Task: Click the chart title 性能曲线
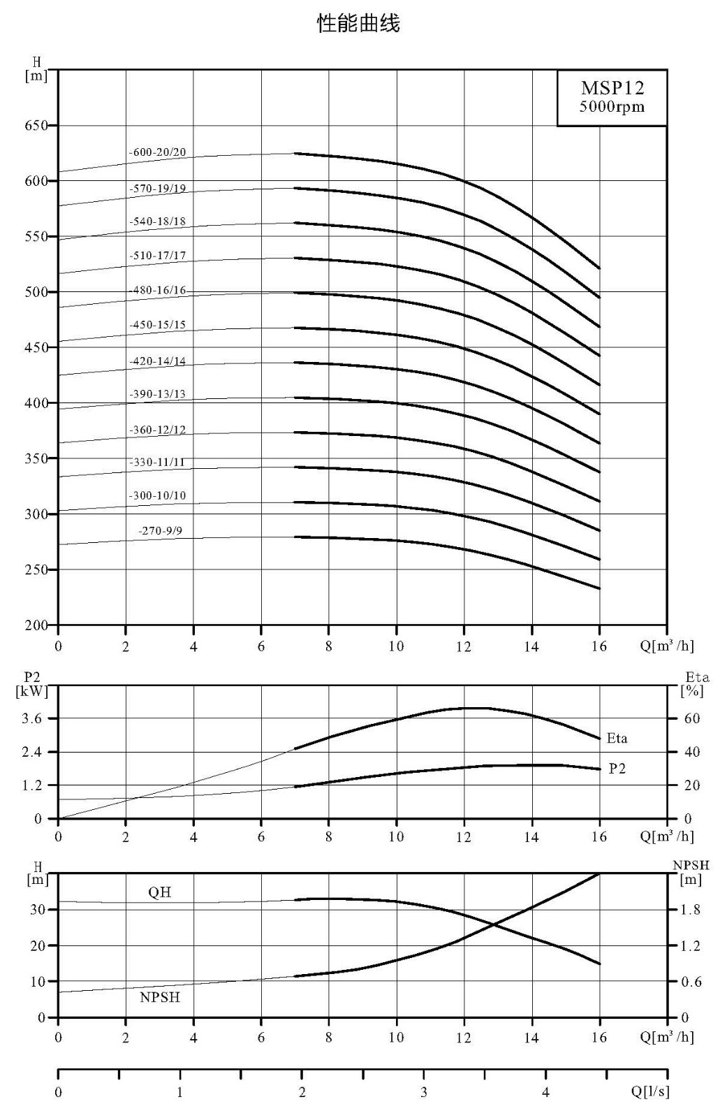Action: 358,24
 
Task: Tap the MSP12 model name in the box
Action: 612,88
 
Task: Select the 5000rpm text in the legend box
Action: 612,107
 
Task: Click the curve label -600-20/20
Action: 157,152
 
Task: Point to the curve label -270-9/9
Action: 160,530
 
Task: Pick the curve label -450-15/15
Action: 157,325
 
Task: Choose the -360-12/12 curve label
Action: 157,430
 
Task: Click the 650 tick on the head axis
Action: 36,125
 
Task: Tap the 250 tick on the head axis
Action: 36,569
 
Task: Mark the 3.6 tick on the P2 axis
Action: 32,718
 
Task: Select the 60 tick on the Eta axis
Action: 692,718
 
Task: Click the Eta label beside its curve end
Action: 617,738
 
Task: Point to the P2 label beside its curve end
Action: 617,769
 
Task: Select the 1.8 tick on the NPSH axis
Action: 691,910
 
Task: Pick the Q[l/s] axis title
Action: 650,1091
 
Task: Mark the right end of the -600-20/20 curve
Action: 599,268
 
